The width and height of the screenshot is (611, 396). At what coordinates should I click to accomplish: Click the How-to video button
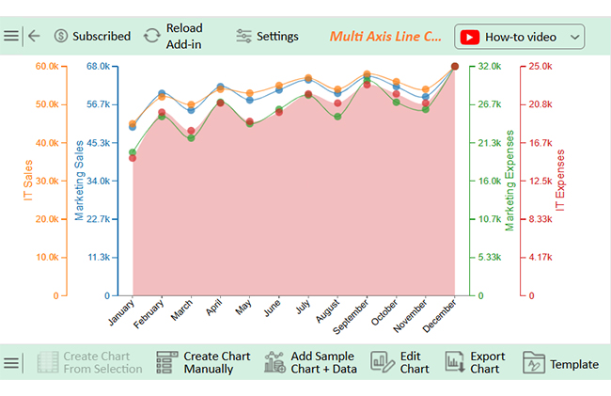click(520, 37)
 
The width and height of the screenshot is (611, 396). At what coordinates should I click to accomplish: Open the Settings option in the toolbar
click(267, 36)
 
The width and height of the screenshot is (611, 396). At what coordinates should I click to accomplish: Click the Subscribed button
click(92, 36)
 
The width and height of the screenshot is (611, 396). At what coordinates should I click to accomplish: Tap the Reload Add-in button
click(173, 36)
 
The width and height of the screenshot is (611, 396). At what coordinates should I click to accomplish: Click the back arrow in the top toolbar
click(34, 36)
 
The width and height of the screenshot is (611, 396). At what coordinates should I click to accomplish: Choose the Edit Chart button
click(400, 363)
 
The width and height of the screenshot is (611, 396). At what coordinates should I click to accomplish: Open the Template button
click(561, 364)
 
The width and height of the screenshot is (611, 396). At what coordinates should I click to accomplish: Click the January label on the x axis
click(123, 313)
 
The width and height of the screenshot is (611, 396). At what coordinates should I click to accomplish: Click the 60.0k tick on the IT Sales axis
click(47, 66)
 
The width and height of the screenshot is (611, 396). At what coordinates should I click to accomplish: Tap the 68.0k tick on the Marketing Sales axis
click(98, 66)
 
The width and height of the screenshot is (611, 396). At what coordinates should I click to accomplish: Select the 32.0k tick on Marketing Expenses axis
click(490, 66)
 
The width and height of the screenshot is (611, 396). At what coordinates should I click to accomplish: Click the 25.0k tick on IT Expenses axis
click(540, 66)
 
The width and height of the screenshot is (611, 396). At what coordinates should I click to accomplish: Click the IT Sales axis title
click(28, 181)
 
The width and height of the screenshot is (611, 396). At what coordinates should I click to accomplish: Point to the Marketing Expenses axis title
click(510, 181)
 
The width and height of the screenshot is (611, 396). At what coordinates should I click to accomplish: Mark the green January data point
click(133, 152)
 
